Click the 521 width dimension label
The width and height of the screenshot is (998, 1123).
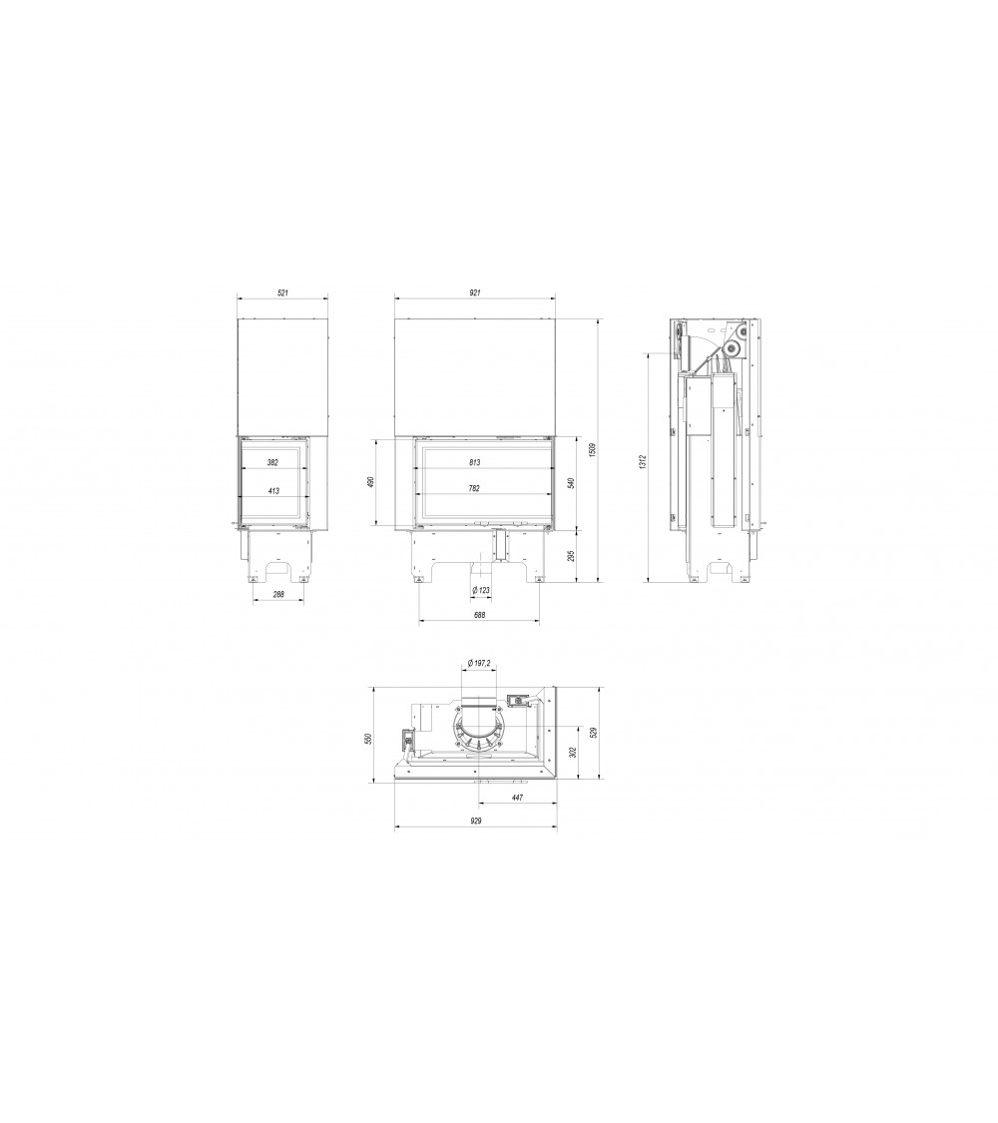282,292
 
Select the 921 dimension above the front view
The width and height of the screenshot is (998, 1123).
475,292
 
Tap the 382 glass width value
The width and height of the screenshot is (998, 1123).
272,462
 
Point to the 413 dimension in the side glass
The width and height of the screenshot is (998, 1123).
272,490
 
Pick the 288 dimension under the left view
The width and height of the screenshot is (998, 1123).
278,595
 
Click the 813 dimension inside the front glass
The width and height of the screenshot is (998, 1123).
473,462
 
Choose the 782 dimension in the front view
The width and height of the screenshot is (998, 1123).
473,489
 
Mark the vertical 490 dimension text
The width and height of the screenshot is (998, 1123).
369,482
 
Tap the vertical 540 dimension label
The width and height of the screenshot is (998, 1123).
571,482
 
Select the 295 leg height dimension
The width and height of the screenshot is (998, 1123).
571,554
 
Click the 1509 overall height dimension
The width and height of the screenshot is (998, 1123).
592,449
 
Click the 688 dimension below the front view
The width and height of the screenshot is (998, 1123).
479,615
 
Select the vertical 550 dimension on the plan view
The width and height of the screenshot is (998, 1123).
368,738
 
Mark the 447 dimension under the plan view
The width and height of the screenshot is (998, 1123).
517,797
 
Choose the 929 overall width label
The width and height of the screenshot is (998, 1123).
475,821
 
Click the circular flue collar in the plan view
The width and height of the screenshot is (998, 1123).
480,728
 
